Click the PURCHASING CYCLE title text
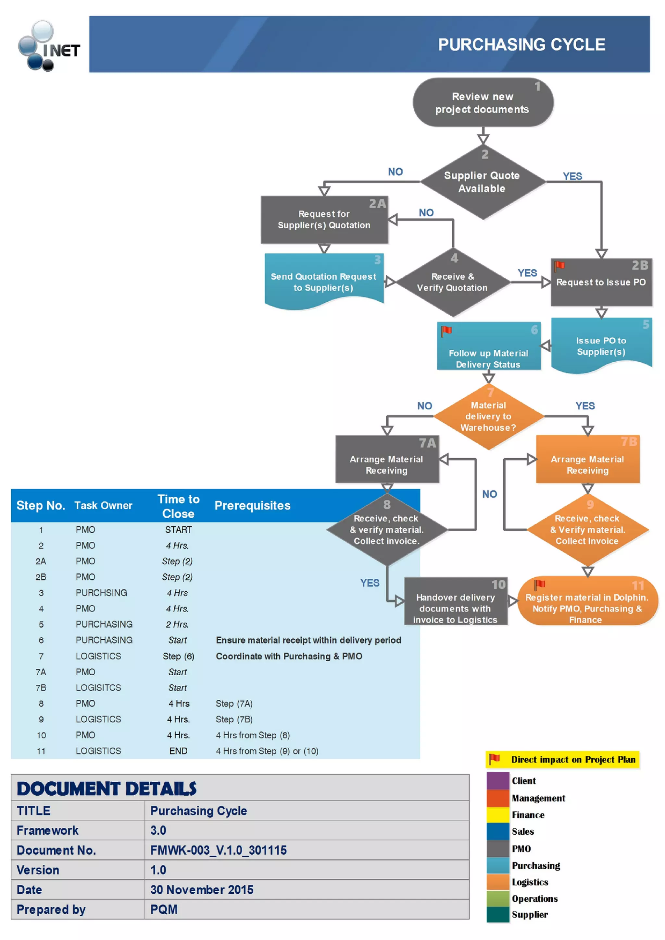[521, 45]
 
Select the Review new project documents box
[483, 103]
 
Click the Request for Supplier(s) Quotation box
[324, 220]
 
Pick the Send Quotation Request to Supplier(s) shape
[324, 282]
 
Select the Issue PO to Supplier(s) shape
[601, 346]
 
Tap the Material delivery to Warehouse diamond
[488, 416]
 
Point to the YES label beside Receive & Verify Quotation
[527, 273]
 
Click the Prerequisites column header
[252, 506]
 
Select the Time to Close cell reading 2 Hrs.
[177, 624]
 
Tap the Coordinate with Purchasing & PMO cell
[289, 656]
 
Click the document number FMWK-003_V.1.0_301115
[219, 850]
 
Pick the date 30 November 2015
[202, 890]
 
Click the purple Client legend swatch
[497, 781]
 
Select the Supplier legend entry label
[529, 915]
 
